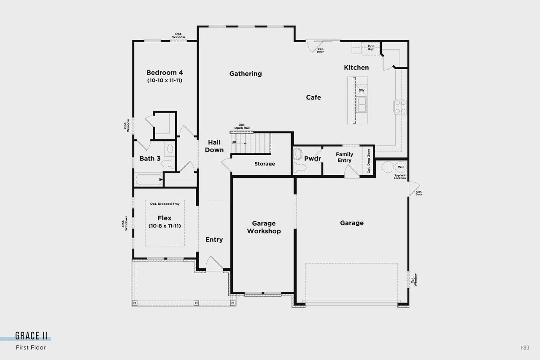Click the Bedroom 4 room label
click(x=165, y=73)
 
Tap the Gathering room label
click(x=246, y=73)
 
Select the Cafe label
click(x=313, y=97)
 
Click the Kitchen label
click(x=356, y=68)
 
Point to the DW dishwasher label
click(x=362, y=90)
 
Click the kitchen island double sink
click(x=362, y=104)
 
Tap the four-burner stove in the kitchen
click(x=400, y=107)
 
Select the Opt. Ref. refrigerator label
click(x=371, y=48)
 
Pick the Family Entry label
click(x=344, y=157)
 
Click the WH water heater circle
click(x=400, y=167)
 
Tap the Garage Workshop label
click(x=264, y=227)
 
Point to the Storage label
click(x=265, y=164)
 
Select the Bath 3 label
click(x=150, y=159)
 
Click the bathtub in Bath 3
click(x=148, y=180)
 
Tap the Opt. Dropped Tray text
click(x=165, y=204)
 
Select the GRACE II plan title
click(x=31, y=336)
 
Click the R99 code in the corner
click(x=524, y=348)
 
